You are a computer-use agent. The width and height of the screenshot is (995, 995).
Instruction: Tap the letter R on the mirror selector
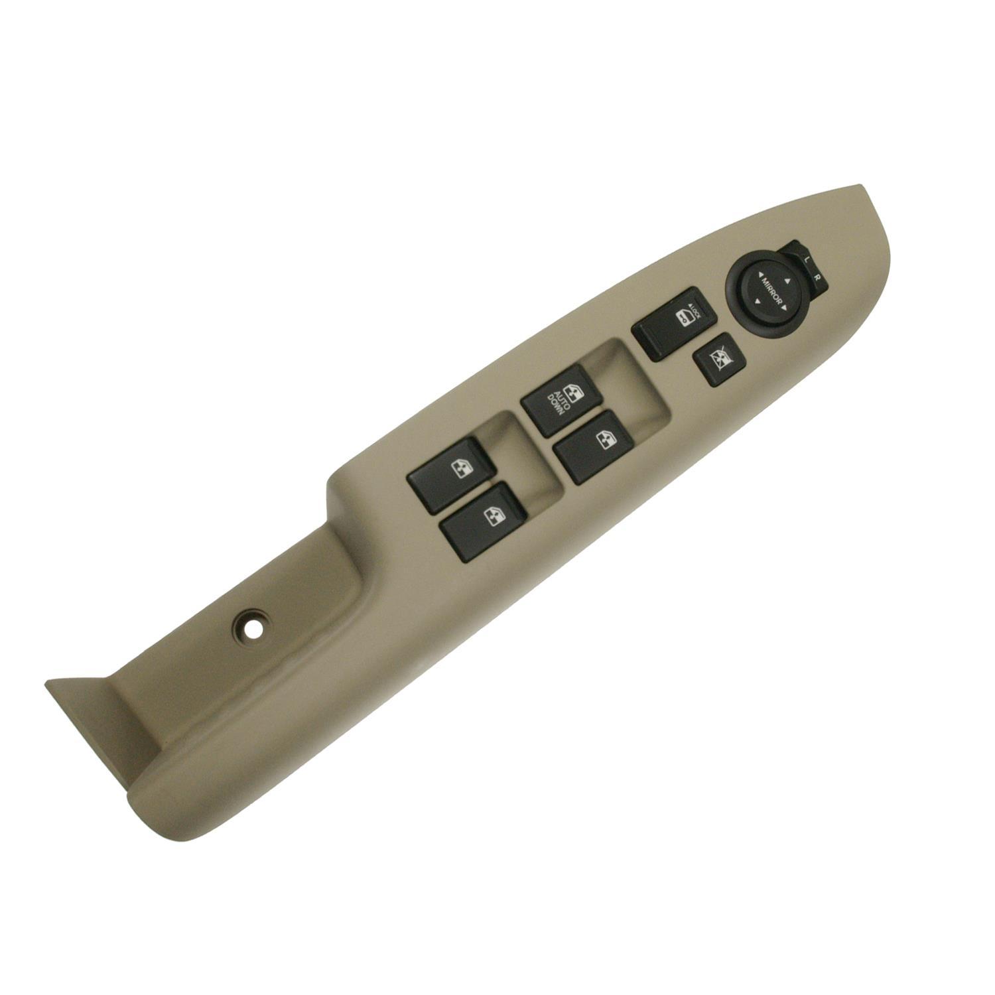(x=821, y=277)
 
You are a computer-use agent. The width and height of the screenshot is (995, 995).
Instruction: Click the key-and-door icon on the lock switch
(x=683, y=319)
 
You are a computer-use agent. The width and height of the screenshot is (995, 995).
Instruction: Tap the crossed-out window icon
(x=718, y=359)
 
